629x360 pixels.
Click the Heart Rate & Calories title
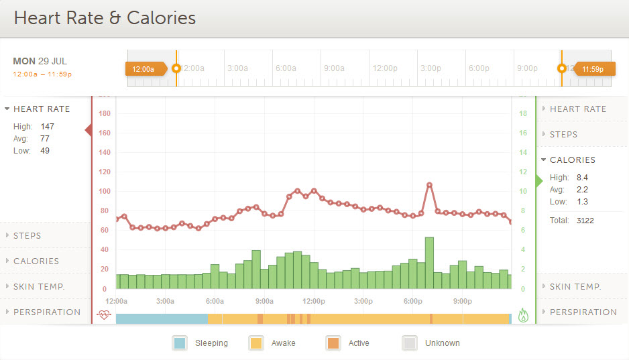click(x=105, y=17)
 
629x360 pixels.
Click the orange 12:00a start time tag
click(x=144, y=68)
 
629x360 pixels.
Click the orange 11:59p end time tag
click(x=592, y=68)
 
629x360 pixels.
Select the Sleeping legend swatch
click(x=180, y=343)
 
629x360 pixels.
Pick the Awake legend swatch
click(x=256, y=343)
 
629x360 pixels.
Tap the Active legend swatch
click(x=333, y=343)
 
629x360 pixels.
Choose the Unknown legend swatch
click(x=409, y=343)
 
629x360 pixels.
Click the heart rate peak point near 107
click(x=429, y=184)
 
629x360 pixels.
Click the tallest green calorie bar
click(x=429, y=263)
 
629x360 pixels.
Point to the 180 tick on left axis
click(x=104, y=113)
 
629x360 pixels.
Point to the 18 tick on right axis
click(x=523, y=113)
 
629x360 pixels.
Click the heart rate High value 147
click(x=47, y=126)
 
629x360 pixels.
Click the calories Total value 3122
click(x=584, y=220)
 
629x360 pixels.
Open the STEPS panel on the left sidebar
click(x=27, y=236)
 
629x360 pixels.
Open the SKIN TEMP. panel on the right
click(x=575, y=287)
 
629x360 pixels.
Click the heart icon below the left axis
click(x=104, y=314)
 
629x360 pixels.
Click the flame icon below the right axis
click(x=524, y=314)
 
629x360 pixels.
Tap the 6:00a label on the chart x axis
click(x=215, y=302)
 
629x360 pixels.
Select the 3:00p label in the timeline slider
click(x=431, y=68)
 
